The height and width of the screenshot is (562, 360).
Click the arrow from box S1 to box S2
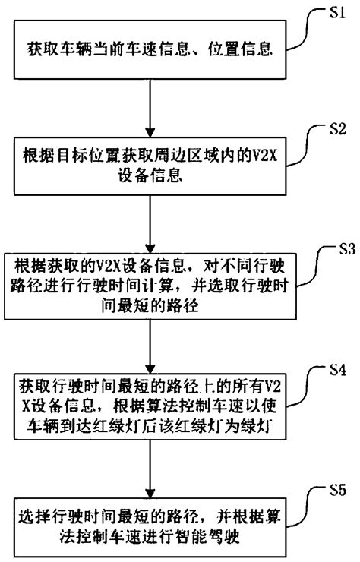[154, 100]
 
